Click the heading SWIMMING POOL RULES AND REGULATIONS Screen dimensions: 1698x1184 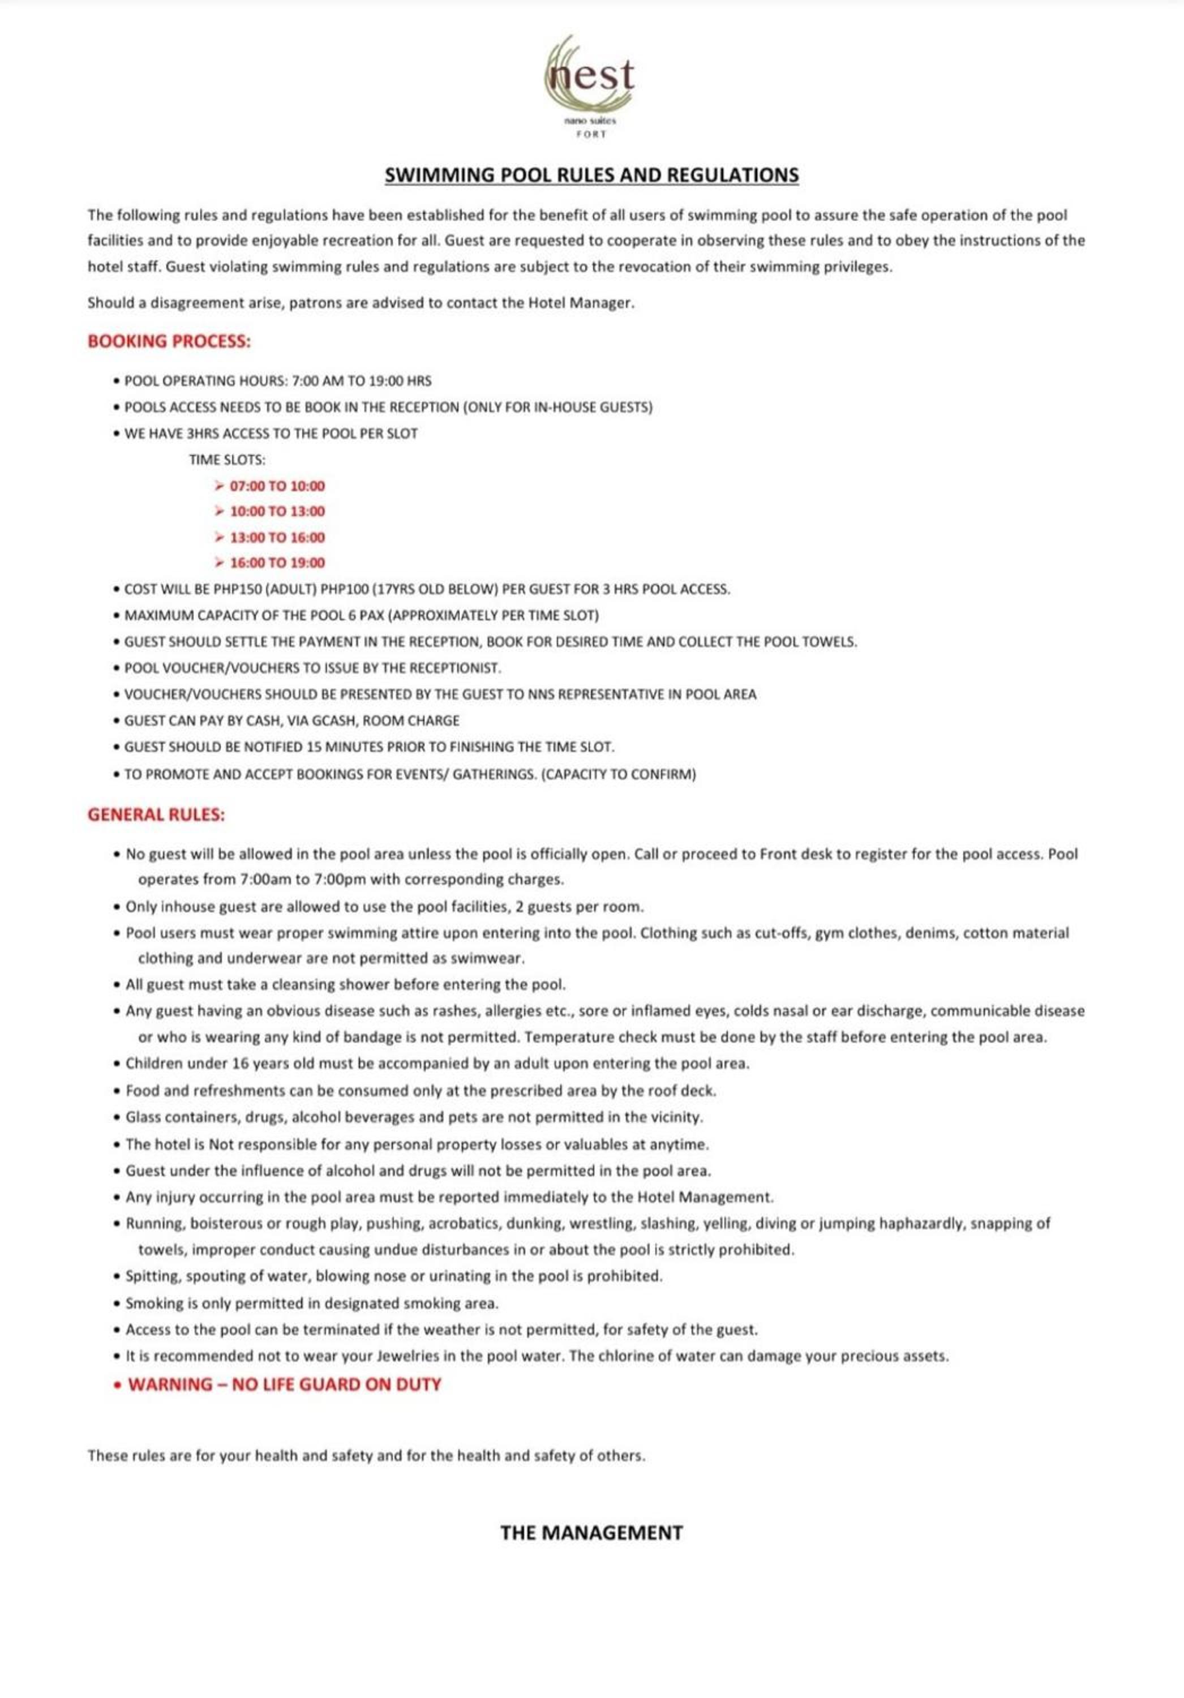[591, 175]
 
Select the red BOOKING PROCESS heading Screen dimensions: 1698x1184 [169, 342]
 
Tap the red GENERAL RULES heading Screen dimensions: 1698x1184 [156, 815]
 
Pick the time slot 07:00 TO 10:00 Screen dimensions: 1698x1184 [277, 486]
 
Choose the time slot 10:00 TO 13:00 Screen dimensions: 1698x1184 [277, 512]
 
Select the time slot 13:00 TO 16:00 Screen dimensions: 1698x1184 [277, 538]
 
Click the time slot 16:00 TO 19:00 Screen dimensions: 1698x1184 [277, 563]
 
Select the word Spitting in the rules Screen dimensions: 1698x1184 [152, 1276]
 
